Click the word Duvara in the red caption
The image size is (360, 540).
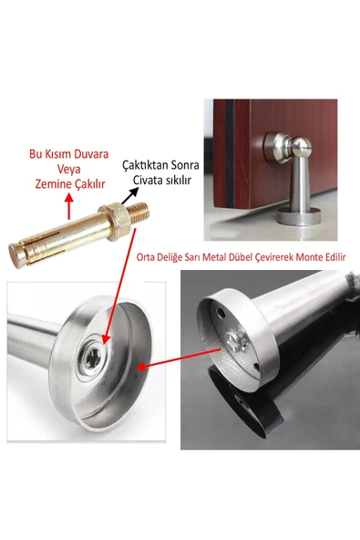tap(90, 154)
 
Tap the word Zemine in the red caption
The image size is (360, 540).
tap(50, 184)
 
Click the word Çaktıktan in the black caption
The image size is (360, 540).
tap(144, 165)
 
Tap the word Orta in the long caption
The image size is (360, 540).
tap(145, 257)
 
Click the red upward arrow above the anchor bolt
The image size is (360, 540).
tap(69, 206)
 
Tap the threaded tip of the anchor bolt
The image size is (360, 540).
tap(139, 214)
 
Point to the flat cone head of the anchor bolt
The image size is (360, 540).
tap(15, 255)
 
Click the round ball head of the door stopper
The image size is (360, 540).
tap(302, 148)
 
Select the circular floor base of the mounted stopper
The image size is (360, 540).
tap(299, 218)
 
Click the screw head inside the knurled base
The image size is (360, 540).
tap(236, 341)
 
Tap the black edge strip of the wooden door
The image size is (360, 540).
tap(230, 154)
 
